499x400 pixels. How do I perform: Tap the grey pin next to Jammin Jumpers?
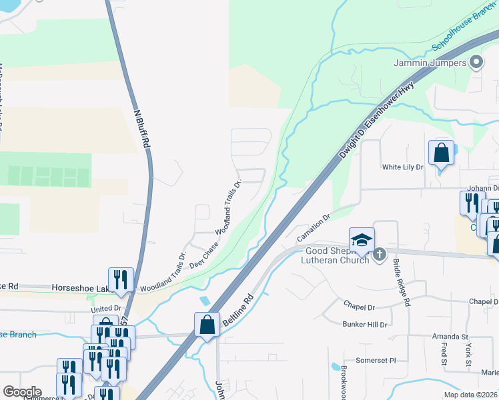click(476, 63)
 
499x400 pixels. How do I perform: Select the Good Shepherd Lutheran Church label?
click(337, 256)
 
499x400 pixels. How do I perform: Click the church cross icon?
click(380, 254)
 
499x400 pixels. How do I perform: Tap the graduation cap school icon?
click(361, 240)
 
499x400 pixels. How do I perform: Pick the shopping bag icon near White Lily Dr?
click(441, 153)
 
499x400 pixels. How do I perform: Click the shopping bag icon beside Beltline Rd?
click(207, 325)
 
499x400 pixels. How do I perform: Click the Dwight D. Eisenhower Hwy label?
click(376, 119)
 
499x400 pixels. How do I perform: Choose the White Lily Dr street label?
click(402, 167)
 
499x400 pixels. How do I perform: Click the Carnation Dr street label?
click(314, 227)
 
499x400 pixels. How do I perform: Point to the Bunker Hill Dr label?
click(365, 324)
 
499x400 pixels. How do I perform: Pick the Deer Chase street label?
click(204, 255)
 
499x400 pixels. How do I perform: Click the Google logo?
click(22, 391)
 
